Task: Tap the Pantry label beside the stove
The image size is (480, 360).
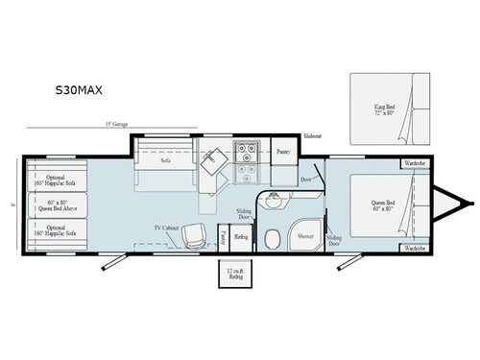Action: point(282,152)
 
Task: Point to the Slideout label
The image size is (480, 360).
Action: point(312,137)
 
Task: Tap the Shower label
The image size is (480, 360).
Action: point(305,234)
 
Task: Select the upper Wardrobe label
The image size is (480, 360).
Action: point(414,162)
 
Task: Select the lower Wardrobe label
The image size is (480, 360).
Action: point(414,248)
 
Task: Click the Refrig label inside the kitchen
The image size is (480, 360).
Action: point(242,235)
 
